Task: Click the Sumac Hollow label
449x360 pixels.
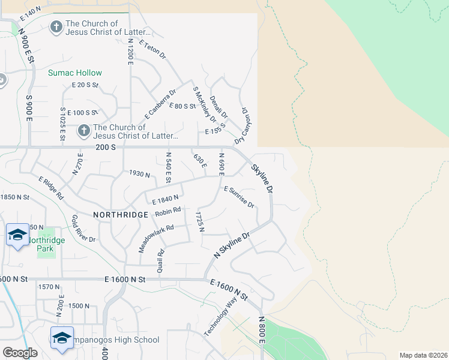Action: pyautogui.click(x=75, y=73)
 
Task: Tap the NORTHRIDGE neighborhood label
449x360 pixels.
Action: pyautogui.click(x=121, y=214)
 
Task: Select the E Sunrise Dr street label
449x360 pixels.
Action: pyautogui.click(x=240, y=197)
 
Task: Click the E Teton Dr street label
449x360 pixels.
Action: pyautogui.click(x=152, y=49)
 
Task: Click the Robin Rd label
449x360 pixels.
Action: pyautogui.click(x=167, y=212)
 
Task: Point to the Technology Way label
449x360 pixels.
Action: pyautogui.click(x=220, y=317)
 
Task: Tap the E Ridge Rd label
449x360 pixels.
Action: pyautogui.click(x=51, y=188)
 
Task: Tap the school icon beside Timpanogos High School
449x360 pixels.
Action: pyautogui.click(x=62, y=337)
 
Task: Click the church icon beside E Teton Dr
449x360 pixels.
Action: pyautogui.click(x=56, y=27)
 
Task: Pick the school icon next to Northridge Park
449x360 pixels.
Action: pyautogui.click(x=17, y=235)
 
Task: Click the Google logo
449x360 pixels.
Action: pyautogui.click(x=20, y=353)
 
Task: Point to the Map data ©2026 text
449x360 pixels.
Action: pyautogui.click(x=423, y=355)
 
